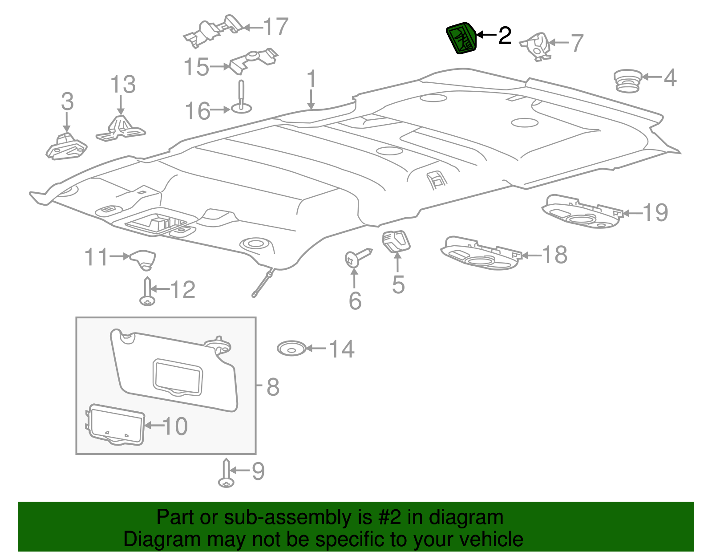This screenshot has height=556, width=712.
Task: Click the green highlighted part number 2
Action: (x=461, y=38)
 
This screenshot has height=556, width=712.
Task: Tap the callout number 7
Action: (x=577, y=43)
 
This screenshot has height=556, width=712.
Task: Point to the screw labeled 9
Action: (x=227, y=475)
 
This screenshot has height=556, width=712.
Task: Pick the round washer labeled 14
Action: (x=291, y=348)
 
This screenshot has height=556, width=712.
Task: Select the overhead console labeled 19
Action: (x=581, y=211)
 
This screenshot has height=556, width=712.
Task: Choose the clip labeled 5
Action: (x=396, y=241)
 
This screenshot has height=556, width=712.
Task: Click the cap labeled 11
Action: (x=143, y=259)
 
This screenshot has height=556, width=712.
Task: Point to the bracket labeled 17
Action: (x=214, y=30)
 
